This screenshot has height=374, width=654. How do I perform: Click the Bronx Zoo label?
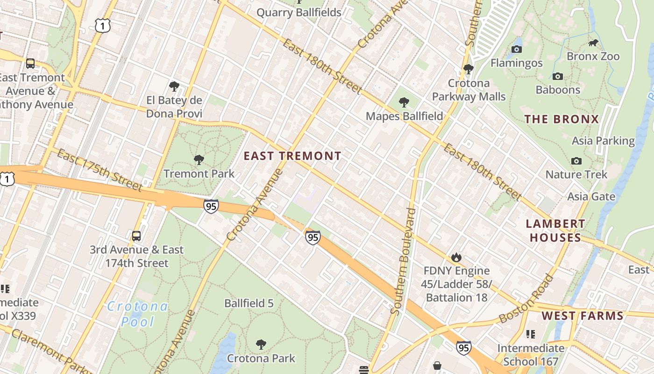(593, 56)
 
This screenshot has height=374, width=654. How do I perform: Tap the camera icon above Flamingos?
(517, 49)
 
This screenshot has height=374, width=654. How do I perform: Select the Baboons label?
(558, 90)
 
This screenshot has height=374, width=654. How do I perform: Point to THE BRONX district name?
(562, 119)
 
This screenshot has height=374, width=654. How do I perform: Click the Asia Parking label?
(603, 141)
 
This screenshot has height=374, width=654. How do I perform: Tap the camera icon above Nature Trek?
(576, 161)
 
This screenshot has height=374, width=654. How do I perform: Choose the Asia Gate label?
(591, 196)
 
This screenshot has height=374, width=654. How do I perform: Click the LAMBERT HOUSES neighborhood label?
(555, 231)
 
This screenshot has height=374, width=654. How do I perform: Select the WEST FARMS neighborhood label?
(583, 316)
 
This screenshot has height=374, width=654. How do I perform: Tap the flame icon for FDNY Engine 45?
(456, 257)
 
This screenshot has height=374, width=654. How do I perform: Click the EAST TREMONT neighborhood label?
(292, 156)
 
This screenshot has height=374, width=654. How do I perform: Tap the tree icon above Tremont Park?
(199, 160)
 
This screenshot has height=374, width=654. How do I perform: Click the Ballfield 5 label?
(249, 303)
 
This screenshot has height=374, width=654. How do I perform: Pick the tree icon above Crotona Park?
(261, 345)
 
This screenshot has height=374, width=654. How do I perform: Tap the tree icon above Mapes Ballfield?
(404, 102)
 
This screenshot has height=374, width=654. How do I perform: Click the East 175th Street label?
(100, 170)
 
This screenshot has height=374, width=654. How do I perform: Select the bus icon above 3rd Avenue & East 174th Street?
(136, 236)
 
